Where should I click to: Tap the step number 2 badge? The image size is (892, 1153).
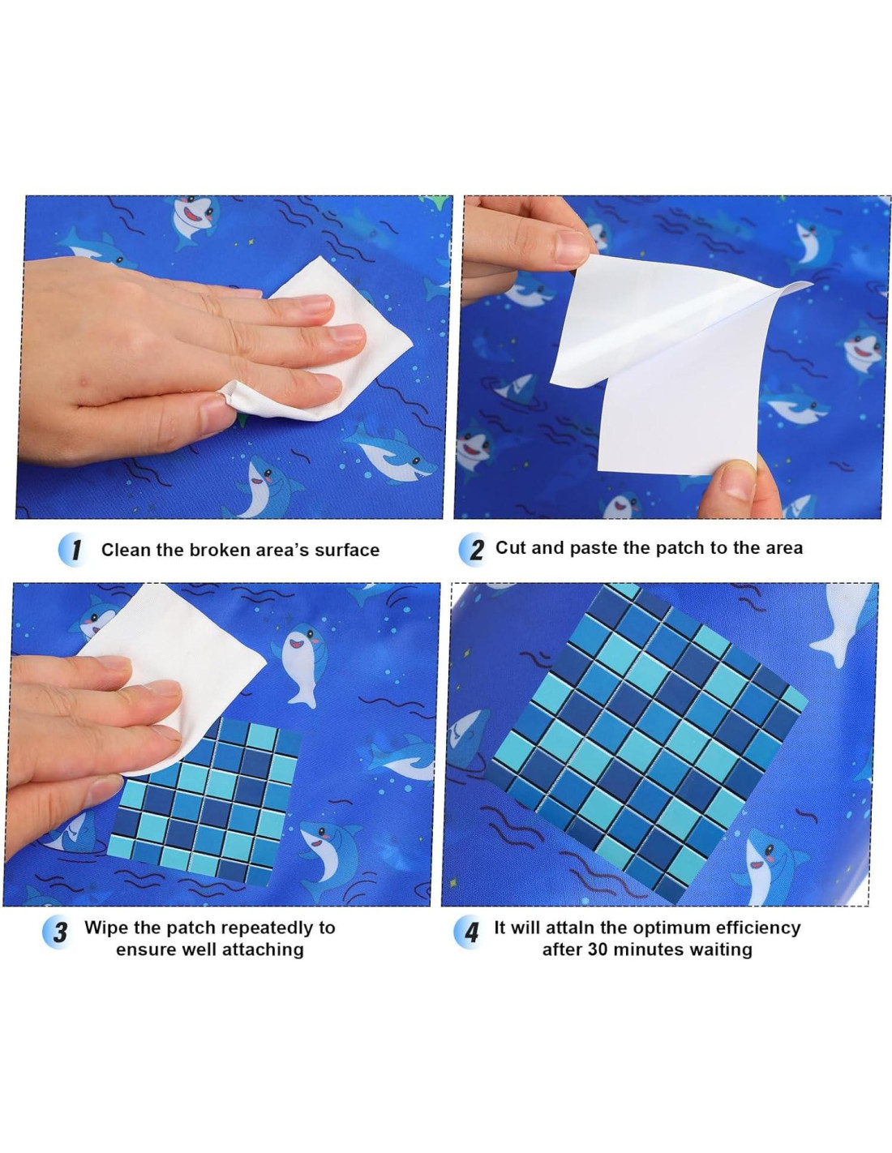(x=474, y=549)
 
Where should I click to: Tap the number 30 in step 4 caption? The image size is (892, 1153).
(x=598, y=949)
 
